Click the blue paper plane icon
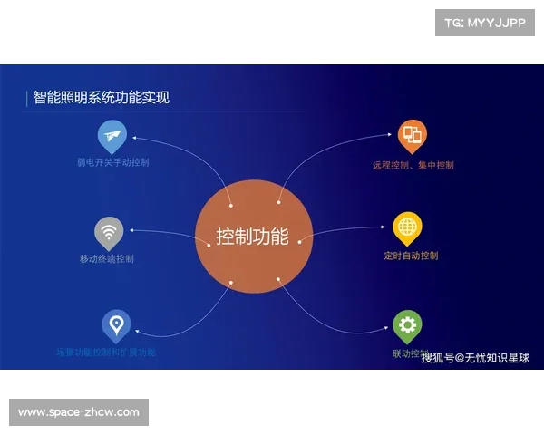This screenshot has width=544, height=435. point(111,137)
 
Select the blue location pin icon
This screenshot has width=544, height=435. point(115,324)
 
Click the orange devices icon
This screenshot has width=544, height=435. point(412,135)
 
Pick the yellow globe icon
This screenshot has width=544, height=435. point(408,227)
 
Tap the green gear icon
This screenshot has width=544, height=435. point(407,324)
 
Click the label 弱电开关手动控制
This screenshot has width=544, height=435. point(113,163)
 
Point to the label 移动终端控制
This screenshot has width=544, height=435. point(106,258)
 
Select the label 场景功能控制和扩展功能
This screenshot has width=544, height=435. point(106,352)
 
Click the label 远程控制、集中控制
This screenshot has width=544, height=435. point(413,166)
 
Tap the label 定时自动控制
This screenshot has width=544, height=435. point(411,256)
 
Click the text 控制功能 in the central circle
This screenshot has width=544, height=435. point(253,237)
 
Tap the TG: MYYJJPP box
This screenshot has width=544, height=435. point(486,23)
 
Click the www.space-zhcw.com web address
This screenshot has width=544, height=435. point(79,412)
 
